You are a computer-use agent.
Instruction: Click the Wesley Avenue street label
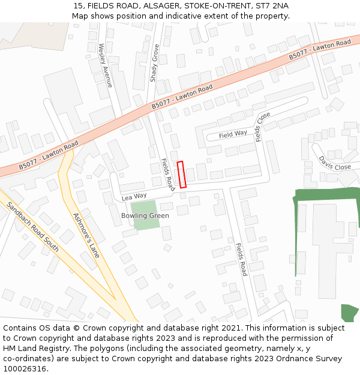click(x=105, y=65)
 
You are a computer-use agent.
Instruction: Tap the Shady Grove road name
click(x=155, y=63)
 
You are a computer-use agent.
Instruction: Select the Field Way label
click(x=233, y=134)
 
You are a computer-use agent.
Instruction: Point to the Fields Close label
click(x=263, y=127)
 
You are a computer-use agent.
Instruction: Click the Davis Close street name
click(x=334, y=163)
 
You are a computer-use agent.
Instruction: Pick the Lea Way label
click(x=134, y=196)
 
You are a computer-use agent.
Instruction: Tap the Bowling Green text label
click(x=145, y=215)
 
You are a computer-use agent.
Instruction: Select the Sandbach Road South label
click(x=33, y=226)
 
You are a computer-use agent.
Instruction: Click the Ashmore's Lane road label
click(x=86, y=235)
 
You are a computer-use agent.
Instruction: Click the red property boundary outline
click(x=182, y=175)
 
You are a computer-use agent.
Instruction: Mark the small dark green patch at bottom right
click(x=350, y=313)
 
